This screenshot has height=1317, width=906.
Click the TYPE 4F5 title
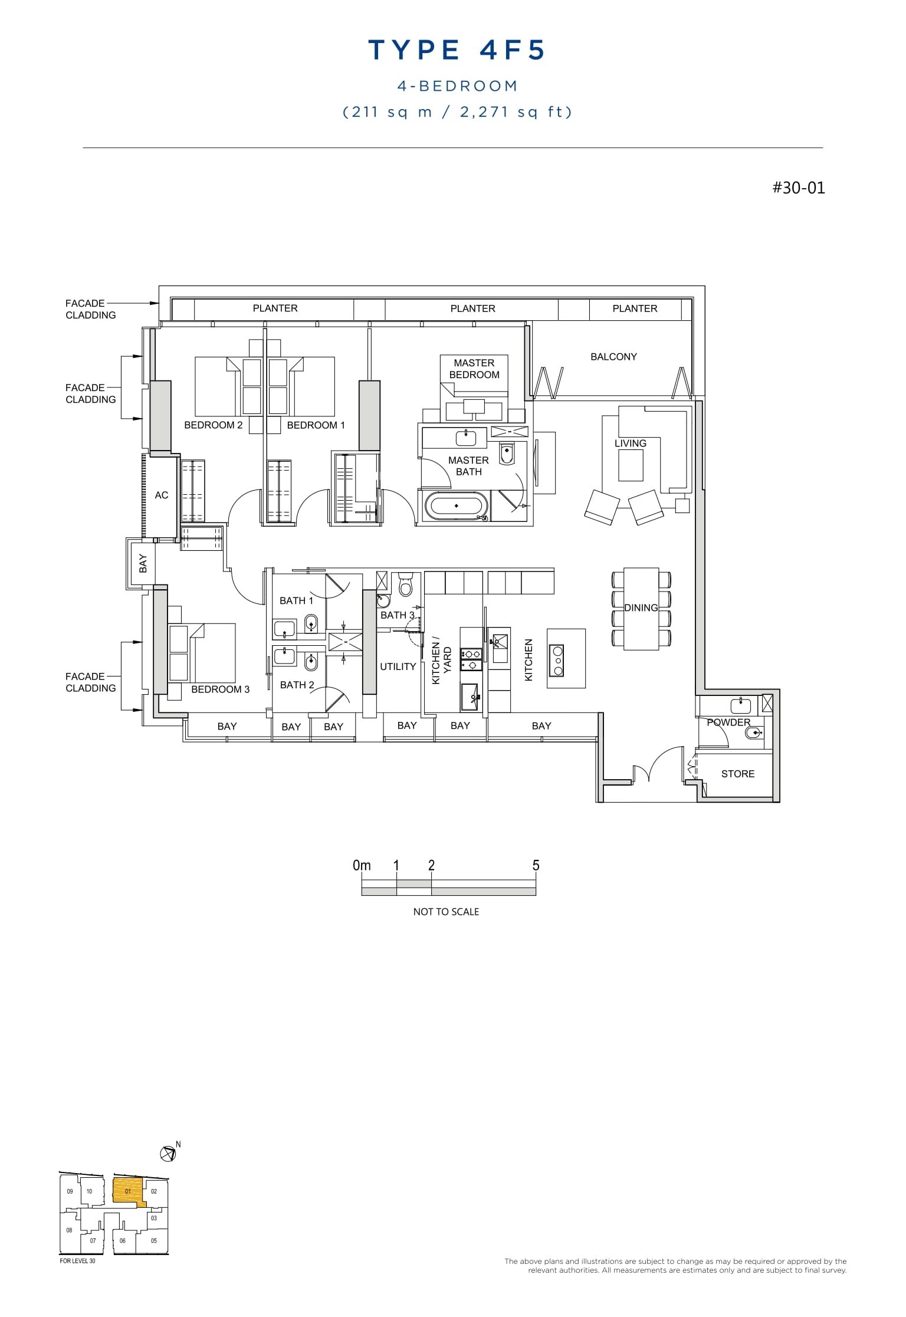457,50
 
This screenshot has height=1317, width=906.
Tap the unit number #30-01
799,188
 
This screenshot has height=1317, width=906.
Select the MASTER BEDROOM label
474,369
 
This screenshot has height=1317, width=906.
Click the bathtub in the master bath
457,506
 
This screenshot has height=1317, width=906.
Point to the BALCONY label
613,357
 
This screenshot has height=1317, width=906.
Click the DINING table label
641,607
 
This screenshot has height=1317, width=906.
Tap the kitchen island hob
556,660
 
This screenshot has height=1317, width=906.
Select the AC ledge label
162,495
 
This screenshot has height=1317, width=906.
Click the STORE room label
737,774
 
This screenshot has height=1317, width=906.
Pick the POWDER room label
728,722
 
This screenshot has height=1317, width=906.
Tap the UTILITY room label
398,666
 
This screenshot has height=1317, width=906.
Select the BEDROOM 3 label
220,689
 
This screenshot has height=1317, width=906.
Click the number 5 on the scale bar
536,865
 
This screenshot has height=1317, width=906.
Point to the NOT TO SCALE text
446,911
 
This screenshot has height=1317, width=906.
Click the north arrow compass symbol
168,1152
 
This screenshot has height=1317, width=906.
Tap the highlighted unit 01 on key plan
127,1191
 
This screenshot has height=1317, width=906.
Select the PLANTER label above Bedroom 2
275,308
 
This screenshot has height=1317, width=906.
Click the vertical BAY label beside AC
143,563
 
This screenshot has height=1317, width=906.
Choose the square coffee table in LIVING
631,466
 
